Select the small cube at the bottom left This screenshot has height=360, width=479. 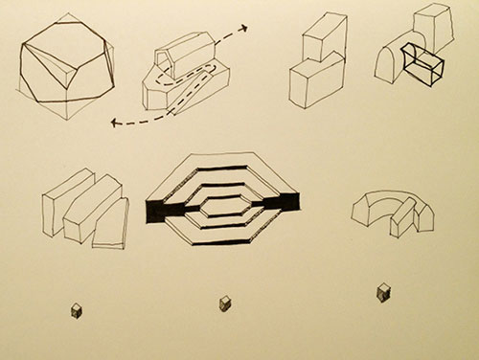click(x=76, y=308)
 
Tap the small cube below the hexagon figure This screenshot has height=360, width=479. click(x=226, y=304)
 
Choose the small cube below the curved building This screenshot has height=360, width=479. click(x=382, y=290)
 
